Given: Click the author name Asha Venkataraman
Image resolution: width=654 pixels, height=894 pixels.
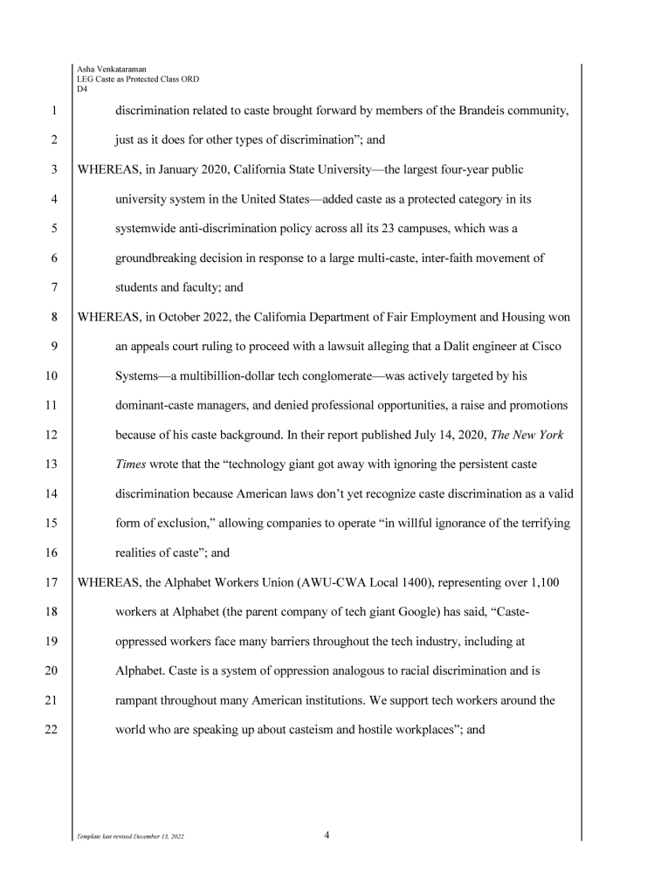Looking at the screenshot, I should pyautogui.click(x=111, y=69).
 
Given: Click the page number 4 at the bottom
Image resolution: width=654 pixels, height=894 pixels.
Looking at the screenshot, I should pyautogui.click(x=327, y=836).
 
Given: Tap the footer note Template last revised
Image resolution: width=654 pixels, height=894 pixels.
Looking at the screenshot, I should pyautogui.click(x=131, y=836).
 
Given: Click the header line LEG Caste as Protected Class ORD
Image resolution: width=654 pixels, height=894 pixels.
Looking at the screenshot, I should pyautogui.click(x=137, y=79).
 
